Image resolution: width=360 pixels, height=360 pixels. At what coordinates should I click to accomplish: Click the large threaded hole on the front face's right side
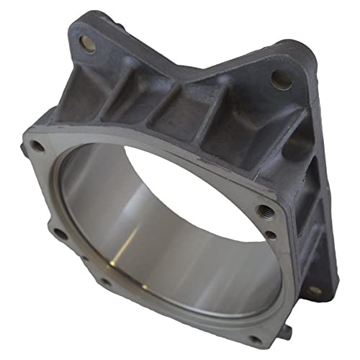264,210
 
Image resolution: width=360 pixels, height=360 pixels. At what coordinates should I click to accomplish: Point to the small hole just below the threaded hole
269,233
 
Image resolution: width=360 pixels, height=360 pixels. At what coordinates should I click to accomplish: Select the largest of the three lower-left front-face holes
60,233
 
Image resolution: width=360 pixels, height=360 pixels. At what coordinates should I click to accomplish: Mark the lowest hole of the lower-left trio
105,283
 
